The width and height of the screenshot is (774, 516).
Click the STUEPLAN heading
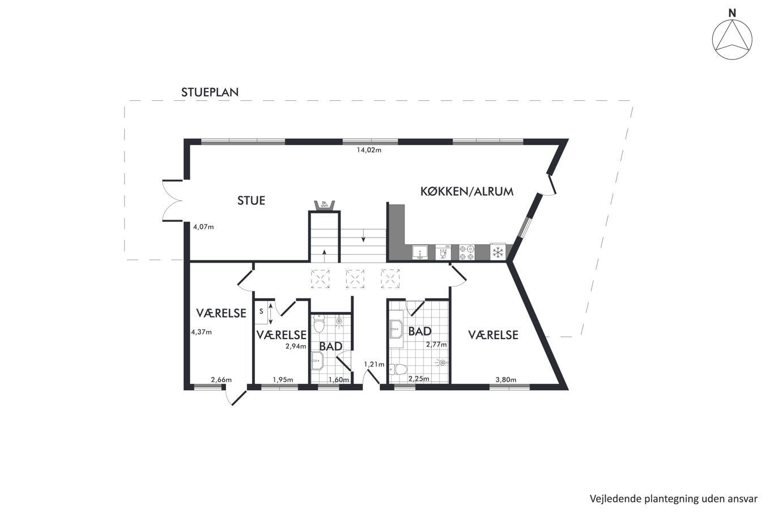pyautogui.click(x=210, y=92)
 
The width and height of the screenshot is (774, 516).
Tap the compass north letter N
pyautogui.click(x=732, y=13)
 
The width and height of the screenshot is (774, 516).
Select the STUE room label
pyautogui.click(x=251, y=201)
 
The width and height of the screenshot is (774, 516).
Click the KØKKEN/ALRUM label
pyautogui.click(x=467, y=192)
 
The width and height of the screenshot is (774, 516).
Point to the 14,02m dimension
pyautogui.click(x=369, y=150)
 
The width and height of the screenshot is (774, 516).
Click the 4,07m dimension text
pyautogui.click(x=203, y=227)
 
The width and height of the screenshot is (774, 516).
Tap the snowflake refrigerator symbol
pyautogui.click(x=498, y=252)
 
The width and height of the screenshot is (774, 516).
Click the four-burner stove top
pyautogui.click(x=466, y=252)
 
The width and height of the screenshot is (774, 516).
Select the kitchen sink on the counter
pyautogui.click(x=420, y=252)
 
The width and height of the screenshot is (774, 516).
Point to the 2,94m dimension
pyautogui.click(x=296, y=346)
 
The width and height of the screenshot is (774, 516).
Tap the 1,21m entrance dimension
pyautogui.click(x=374, y=364)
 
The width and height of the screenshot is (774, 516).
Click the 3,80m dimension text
pyautogui.click(x=506, y=379)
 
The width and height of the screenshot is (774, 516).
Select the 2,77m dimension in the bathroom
pyautogui.click(x=436, y=344)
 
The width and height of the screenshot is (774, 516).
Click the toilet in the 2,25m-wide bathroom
pyautogui.click(x=397, y=369)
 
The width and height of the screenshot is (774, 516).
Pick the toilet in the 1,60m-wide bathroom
pyautogui.click(x=318, y=323)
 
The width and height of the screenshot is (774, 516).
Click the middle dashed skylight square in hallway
pyautogui.click(x=355, y=279)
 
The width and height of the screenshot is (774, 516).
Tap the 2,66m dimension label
pyautogui.click(x=221, y=379)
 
